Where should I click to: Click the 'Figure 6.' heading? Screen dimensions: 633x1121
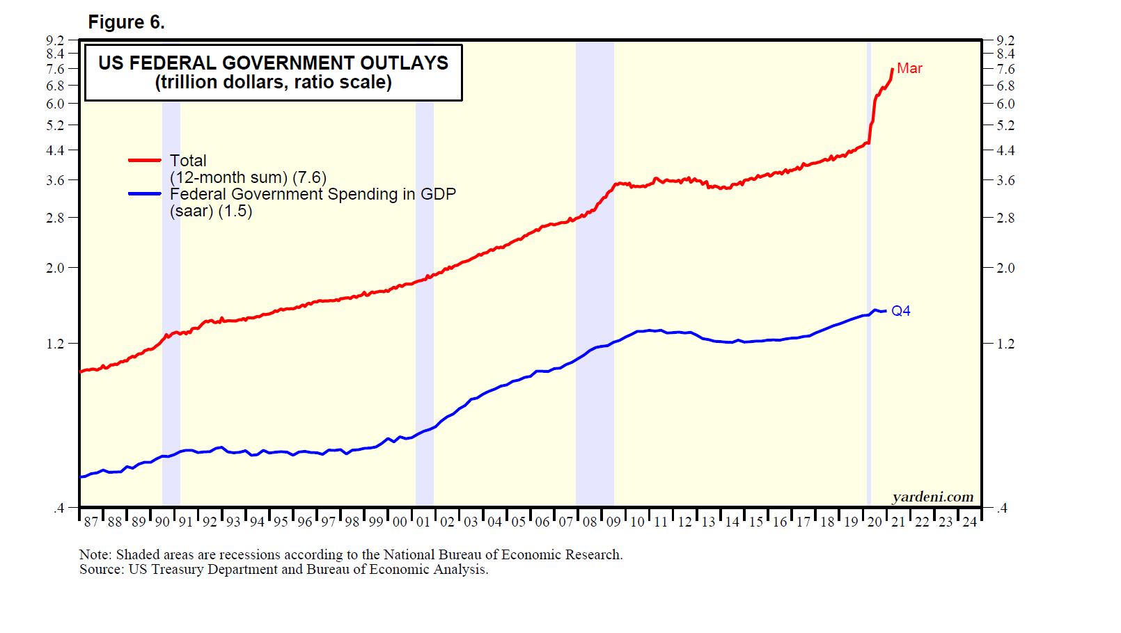pos(126,22)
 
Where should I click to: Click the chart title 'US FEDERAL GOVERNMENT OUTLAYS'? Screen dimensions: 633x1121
pos(273,63)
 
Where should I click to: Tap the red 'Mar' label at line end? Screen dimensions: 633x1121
pos(909,68)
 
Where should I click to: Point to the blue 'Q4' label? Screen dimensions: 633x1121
pos(901,311)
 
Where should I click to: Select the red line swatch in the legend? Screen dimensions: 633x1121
pos(145,161)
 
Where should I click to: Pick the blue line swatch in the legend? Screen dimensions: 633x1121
pos(145,194)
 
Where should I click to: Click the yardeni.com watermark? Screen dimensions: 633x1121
pos(932,497)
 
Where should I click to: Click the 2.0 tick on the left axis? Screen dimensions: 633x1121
pos(55,268)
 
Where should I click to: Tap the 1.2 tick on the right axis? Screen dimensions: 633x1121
pos(1005,344)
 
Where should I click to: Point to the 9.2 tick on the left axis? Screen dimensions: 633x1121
pos(55,40)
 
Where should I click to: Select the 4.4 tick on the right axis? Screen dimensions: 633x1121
pos(1005,150)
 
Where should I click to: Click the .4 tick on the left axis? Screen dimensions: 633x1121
pos(58,508)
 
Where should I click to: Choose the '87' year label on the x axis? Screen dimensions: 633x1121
pos(91,522)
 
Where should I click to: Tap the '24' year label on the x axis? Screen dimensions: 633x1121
pos(969,522)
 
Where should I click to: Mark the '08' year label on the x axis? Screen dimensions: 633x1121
pos(590,522)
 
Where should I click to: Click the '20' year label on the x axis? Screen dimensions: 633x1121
pos(875,522)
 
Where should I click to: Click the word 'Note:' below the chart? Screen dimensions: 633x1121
pos(95,554)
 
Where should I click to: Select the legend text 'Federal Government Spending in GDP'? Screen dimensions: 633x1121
pos(313,194)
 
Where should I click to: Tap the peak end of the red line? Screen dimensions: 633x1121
pos(893,69)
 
